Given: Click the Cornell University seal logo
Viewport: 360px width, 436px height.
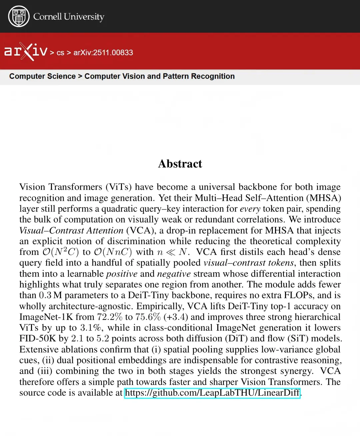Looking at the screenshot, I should pyautogui.click(x=19, y=16).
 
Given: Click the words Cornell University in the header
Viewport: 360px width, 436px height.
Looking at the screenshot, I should pyautogui.click(x=69, y=17).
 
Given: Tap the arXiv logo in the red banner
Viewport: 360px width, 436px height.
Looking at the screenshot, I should pyautogui.click(x=26, y=51).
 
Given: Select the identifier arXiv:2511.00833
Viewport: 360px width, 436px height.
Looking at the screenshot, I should pyautogui.click(x=103, y=53).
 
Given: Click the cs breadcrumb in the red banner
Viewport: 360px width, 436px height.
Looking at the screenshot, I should pyautogui.click(x=60, y=53).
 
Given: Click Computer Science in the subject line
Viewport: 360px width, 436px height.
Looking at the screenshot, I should pyautogui.click(x=42, y=76).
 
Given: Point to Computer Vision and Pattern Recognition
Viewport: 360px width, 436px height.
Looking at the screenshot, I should pyautogui.click(x=159, y=76).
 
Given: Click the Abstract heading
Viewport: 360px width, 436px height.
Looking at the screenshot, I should pyautogui.click(x=180, y=164).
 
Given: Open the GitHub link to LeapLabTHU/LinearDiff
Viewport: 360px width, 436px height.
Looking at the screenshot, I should pyautogui.click(x=212, y=393).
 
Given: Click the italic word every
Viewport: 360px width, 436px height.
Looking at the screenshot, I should pyautogui.click(x=250, y=209).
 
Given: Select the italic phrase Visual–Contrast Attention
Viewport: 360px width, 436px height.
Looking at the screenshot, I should pyautogui.click(x=71, y=231).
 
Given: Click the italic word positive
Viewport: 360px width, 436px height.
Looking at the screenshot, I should pyautogui.click(x=122, y=274).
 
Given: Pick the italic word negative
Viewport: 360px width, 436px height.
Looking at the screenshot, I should pyautogui.click(x=174, y=274).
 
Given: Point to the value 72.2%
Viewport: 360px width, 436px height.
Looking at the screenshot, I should pyautogui.click(x=110, y=317).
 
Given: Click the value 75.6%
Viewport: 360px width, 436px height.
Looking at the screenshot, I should pyautogui.click(x=148, y=317).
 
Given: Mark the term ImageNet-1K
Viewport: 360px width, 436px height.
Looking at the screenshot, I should pyautogui.click(x=46, y=317).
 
